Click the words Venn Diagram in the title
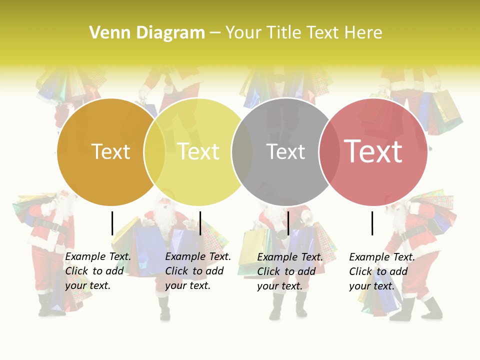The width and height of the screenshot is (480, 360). tap(147, 33)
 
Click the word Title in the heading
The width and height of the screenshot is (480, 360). tap(284, 33)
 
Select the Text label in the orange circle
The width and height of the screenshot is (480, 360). tap(110, 151)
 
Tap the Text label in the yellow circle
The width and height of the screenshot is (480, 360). tap(198, 151)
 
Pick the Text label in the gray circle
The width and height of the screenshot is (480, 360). tap(285, 151)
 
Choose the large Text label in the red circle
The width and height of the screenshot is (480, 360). tap(373, 151)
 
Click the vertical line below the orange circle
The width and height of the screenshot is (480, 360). tap(112, 223)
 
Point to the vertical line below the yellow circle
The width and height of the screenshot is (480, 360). tap(200, 223)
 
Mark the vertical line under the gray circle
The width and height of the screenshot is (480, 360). tap(288, 223)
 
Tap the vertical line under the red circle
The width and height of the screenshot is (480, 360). tap(372, 223)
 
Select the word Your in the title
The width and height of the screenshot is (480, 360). tap(243, 33)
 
